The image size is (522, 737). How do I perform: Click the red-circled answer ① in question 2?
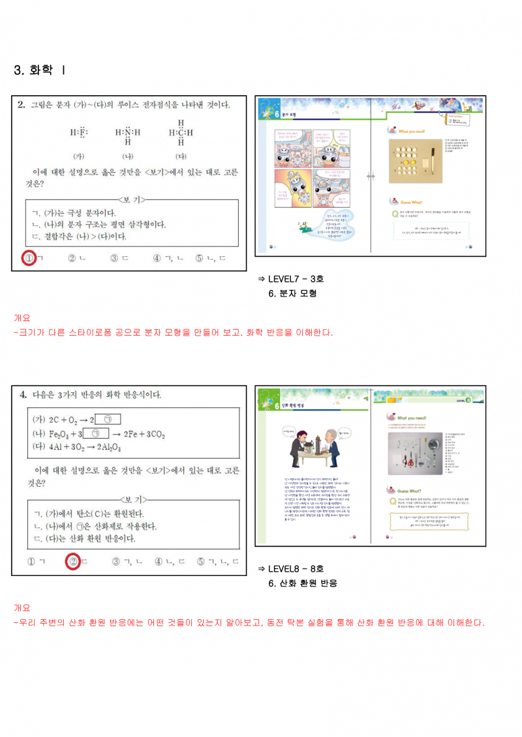pos(29,259)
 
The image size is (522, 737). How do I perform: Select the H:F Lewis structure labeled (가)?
pos(79,133)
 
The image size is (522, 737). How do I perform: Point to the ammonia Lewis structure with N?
pos(128,133)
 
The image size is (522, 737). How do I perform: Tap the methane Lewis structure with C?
pos(181,132)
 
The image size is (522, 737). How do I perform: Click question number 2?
pos(21,104)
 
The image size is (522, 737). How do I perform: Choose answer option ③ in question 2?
pos(114,259)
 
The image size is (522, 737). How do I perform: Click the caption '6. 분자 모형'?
pos(292,293)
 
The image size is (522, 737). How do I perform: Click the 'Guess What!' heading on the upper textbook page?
pos(414,202)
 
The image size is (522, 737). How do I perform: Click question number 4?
pos(22,395)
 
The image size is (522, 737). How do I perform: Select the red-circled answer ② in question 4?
pos(74,561)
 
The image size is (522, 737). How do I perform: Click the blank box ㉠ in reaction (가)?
pos(112,419)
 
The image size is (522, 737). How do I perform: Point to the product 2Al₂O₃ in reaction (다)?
pos(112,448)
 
